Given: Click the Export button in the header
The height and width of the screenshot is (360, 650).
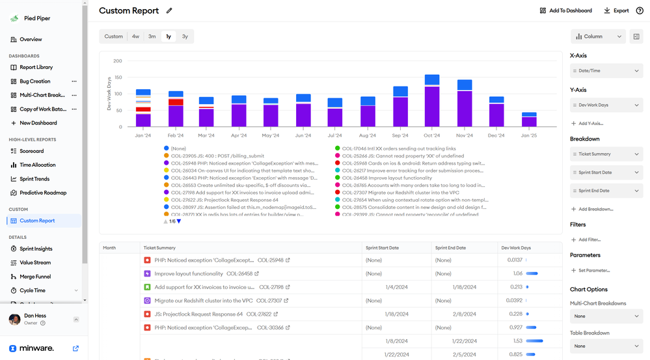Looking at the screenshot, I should click(616, 10).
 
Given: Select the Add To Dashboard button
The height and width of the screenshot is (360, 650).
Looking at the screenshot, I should click(566, 10).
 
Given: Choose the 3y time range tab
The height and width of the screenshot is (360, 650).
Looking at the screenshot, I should click(185, 36).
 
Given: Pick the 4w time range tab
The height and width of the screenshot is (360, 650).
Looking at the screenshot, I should click(135, 36).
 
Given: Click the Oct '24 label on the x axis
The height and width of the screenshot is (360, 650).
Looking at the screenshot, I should click(432, 135).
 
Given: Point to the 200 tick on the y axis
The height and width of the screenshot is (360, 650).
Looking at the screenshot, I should click(118, 61).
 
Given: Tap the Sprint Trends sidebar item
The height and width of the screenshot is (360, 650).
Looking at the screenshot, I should click(34, 179).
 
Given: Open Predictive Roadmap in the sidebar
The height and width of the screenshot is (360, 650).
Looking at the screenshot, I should click(42, 193).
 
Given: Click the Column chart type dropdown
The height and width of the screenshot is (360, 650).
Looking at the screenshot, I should click(598, 37).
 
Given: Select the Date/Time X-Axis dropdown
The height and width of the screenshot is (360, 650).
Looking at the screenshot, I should click(606, 70).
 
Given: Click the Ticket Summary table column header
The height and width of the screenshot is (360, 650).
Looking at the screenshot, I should click(159, 248).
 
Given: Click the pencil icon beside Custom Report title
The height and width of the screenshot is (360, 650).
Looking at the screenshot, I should click(170, 11).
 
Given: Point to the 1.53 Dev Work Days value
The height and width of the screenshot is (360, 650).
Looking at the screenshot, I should click(517, 340).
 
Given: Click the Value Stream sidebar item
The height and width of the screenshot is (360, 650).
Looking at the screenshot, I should click(34, 263).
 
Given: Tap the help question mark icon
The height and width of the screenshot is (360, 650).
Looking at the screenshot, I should click(639, 10).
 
